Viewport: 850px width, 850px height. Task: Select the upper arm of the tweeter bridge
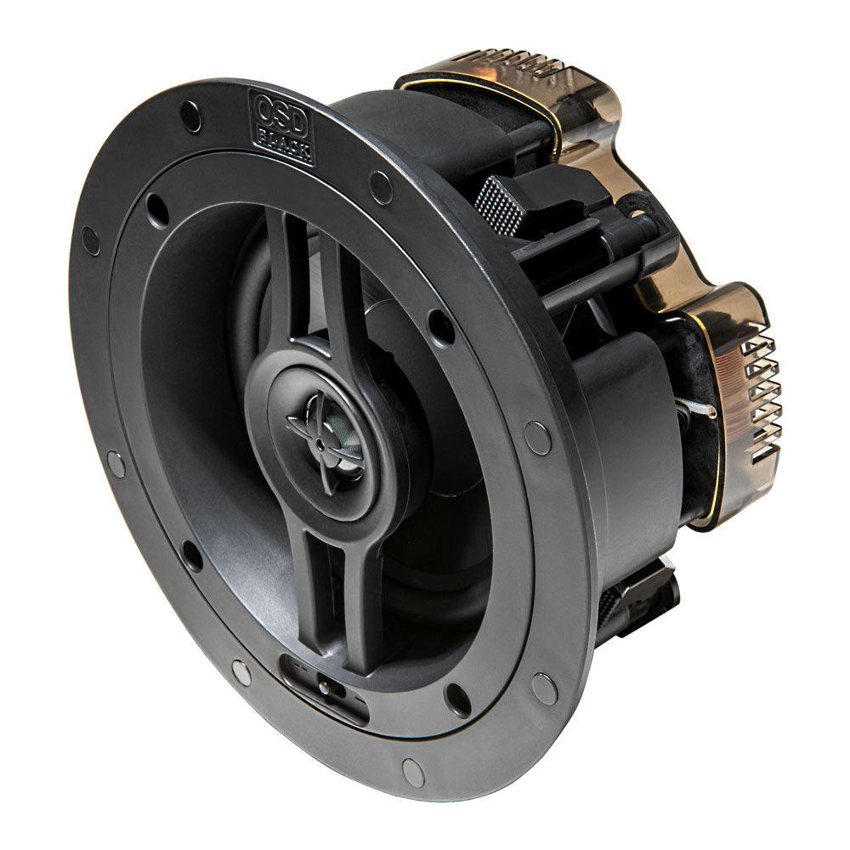[297, 280]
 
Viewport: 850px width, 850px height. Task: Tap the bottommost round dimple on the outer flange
[413, 772]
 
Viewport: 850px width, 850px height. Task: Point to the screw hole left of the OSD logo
[190, 116]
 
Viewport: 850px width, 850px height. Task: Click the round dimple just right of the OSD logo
[380, 187]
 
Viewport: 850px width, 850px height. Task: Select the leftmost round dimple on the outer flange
[90, 241]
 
